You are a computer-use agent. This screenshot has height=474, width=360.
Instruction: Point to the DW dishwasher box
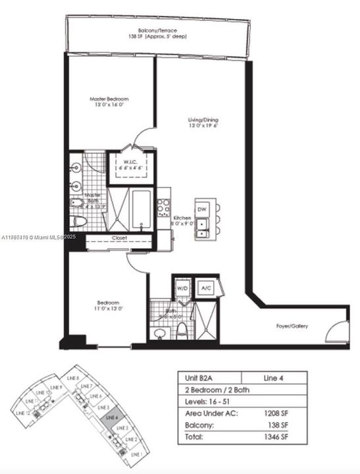tap(203, 209)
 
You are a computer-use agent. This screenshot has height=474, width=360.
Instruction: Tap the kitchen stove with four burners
tap(164, 203)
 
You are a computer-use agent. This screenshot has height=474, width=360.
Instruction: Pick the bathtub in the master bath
tap(142, 209)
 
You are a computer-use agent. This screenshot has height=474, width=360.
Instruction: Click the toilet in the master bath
tap(78, 221)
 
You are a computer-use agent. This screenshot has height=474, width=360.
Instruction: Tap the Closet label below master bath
tap(119, 238)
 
